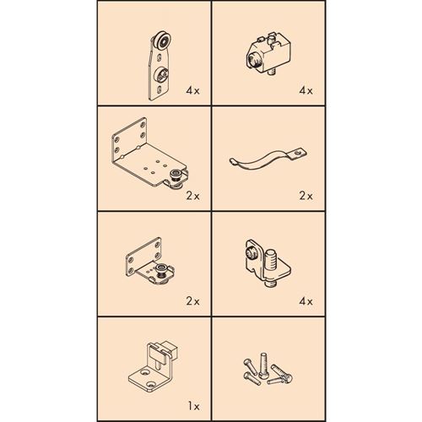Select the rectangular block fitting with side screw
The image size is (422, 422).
point(265,54)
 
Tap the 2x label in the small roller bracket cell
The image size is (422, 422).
point(192,300)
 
